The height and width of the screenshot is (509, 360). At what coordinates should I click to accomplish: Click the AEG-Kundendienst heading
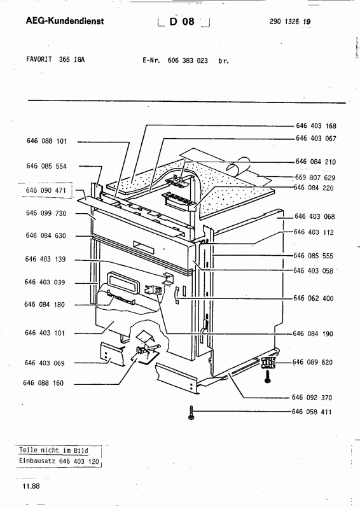tap(65, 21)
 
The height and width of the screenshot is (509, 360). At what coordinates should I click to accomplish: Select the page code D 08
tap(182, 22)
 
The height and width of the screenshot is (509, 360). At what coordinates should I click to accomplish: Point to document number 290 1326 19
tap(290, 22)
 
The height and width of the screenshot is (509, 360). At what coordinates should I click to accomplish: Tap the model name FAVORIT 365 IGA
tap(55, 59)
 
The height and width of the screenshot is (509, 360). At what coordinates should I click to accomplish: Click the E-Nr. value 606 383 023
tap(188, 60)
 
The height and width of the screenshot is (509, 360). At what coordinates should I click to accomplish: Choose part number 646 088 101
tap(46, 141)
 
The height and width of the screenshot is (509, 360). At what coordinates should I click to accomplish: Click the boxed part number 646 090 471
tap(46, 190)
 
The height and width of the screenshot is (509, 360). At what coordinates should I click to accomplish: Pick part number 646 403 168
tap(316, 126)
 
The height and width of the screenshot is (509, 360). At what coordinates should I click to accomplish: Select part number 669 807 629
tap(315, 178)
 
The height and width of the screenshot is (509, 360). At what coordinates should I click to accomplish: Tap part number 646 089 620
tap(312, 362)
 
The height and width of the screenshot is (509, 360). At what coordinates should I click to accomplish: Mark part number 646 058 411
tap(312, 412)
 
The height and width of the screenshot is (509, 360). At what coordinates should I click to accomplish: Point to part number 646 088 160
tap(43, 383)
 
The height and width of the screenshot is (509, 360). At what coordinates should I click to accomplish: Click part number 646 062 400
tap(314, 298)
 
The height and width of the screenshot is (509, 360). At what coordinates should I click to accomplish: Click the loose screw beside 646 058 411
tap(191, 412)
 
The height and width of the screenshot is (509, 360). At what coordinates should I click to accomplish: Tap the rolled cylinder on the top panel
tap(239, 165)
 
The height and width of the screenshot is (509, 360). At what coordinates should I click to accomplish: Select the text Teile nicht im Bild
tap(53, 450)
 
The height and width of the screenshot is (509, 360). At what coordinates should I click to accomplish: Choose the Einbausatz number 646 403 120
tap(79, 461)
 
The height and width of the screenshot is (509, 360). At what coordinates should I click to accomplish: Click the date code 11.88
tap(31, 486)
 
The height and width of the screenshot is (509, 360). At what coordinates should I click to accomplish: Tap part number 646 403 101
tap(45, 333)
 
